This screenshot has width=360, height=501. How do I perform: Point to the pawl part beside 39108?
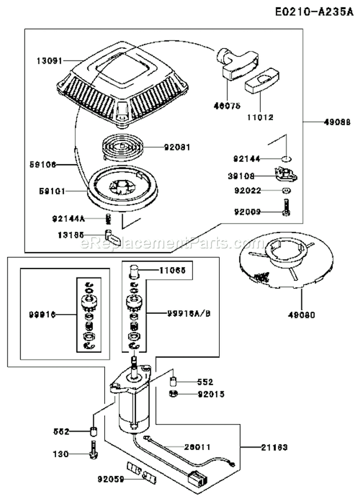(x=286, y=174)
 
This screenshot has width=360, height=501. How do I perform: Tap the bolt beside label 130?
(x=93, y=452)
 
